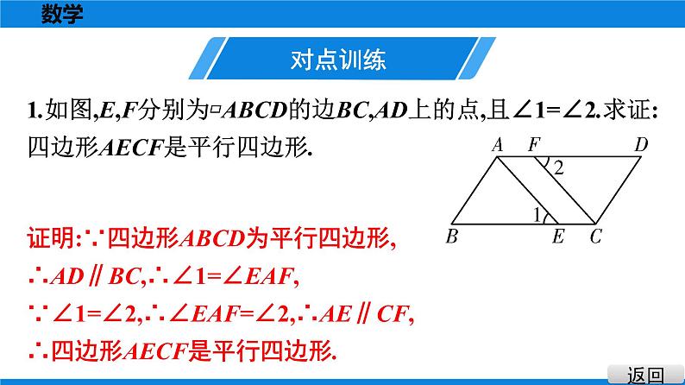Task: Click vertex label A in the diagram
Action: pos(497,146)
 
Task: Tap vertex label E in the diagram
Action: pos(559,236)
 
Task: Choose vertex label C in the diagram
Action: pos(595,236)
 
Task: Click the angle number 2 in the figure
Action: pos(558,170)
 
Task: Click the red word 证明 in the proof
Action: pos(51,241)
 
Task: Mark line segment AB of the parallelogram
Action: pos(474,190)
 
